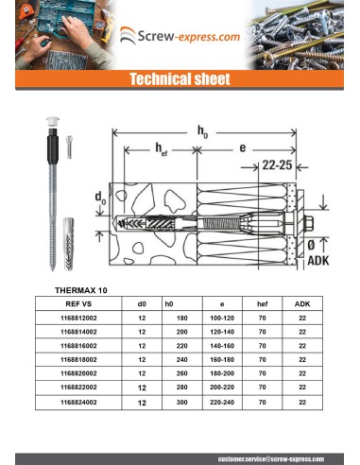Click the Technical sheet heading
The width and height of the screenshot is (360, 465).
(x=180, y=80)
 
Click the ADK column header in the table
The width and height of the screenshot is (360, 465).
(x=301, y=304)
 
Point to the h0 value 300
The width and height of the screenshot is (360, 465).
(x=170, y=403)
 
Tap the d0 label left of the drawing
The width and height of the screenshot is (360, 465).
(x=100, y=199)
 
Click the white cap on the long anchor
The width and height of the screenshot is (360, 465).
(x=49, y=122)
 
